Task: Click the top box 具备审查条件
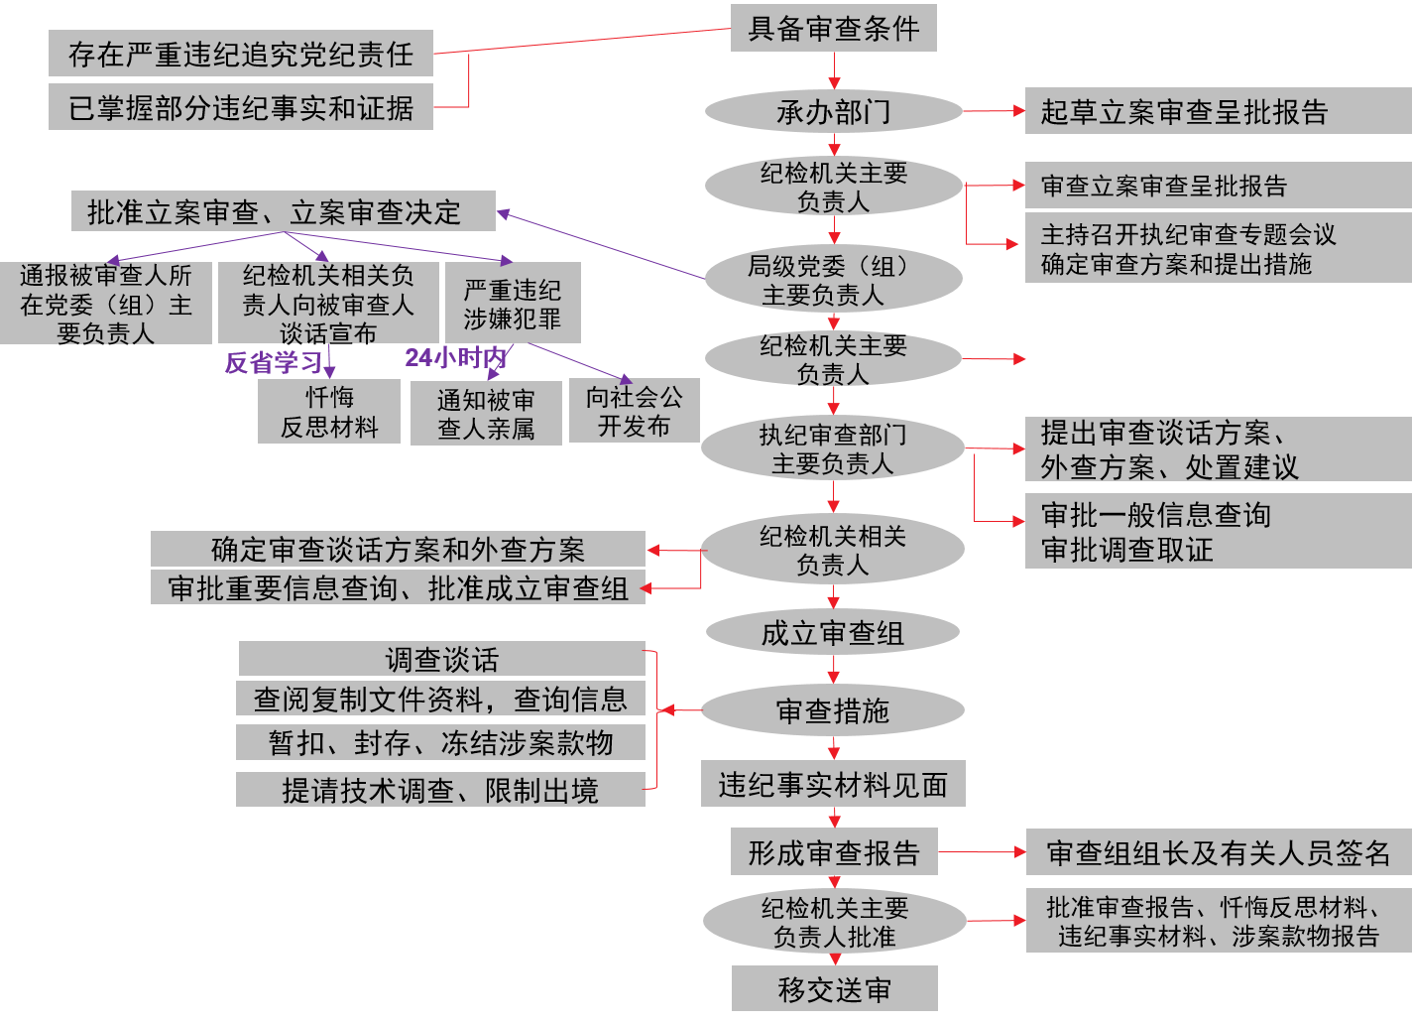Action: [833, 28]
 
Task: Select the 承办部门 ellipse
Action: [833, 111]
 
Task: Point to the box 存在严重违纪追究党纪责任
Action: [241, 54]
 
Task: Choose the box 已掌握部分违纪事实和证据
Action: [241, 107]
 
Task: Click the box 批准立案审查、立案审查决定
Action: [283, 211]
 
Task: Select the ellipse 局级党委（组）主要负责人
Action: [833, 280]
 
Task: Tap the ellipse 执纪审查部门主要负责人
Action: [833, 448]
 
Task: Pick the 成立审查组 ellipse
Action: [833, 632]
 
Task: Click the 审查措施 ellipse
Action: [833, 710]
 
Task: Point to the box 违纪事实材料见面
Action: [833, 785]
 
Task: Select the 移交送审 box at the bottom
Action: [834, 989]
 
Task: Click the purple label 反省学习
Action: [274, 362]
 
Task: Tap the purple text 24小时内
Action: [455, 357]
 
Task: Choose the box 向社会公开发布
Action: [635, 411]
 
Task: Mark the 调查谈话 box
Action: [442, 659]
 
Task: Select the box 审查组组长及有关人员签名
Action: [1218, 852]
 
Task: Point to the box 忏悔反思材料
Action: [329, 412]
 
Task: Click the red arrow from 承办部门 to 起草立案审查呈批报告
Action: [993, 111]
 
